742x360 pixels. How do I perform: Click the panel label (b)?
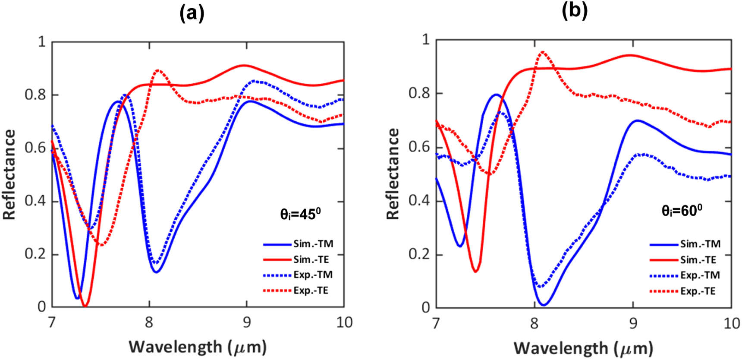coord(574,10)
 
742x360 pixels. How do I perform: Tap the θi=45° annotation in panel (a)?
coord(300,214)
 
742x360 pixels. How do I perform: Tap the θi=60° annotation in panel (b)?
coord(682,210)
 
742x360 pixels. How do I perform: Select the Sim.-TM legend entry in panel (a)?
coord(313,244)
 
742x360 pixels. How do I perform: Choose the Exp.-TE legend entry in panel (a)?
coord(311,291)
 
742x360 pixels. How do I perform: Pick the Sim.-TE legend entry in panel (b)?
coord(698,260)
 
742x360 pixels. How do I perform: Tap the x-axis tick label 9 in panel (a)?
coord(246,322)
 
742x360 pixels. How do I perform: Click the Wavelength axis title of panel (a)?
coord(198,347)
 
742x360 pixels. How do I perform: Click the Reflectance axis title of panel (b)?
coord(393,174)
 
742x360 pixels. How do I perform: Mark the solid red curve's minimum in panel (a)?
coord(85,306)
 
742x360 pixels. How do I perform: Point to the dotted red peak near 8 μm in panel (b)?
coord(543,53)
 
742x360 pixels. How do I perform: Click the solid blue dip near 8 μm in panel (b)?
coord(544,305)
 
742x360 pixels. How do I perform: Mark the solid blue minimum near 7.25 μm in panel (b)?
coord(460,246)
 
